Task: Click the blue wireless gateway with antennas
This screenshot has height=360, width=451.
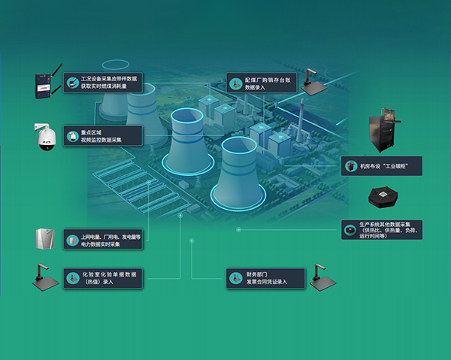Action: click(x=44, y=86)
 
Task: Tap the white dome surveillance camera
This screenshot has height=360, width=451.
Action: click(x=45, y=137)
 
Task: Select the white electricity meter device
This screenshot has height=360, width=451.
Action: click(x=44, y=238)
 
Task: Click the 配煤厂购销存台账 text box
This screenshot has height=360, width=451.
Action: click(x=264, y=83)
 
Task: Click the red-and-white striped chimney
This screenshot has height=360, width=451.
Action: click(x=301, y=120)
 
